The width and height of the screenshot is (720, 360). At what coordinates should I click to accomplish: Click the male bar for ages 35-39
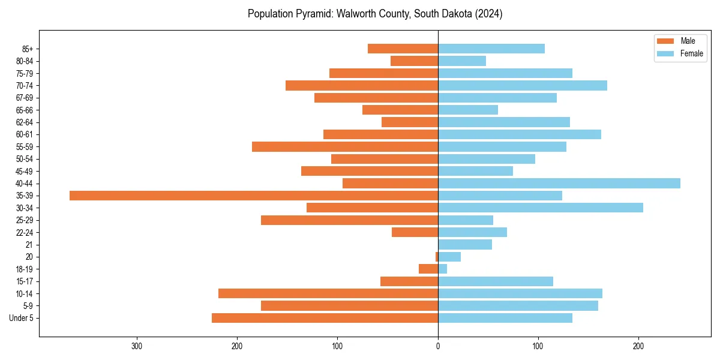254,196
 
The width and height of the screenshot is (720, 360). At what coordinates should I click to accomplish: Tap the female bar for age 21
465,244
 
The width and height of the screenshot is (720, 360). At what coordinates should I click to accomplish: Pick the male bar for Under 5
325,318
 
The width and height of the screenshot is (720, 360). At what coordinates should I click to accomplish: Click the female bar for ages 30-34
541,208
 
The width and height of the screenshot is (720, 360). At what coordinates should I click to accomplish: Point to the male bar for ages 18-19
428,269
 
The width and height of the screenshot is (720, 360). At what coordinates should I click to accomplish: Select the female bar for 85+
491,49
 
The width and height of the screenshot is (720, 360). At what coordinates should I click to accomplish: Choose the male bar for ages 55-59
345,146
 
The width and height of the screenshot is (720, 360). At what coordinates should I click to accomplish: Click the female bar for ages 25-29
466,220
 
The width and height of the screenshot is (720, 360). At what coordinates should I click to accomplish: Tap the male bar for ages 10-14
328,293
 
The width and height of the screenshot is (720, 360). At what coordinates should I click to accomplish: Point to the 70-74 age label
25,85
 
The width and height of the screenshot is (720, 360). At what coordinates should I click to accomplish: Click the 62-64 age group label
25,122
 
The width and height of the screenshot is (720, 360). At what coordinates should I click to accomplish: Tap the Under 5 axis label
22,318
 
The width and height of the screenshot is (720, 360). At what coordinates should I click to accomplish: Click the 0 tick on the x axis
438,346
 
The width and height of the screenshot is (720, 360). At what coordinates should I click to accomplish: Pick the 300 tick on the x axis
137,346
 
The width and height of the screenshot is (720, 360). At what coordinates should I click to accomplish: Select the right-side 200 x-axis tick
638,346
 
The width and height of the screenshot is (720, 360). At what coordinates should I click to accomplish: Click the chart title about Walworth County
375,14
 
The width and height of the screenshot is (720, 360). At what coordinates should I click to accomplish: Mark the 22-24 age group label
25,232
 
